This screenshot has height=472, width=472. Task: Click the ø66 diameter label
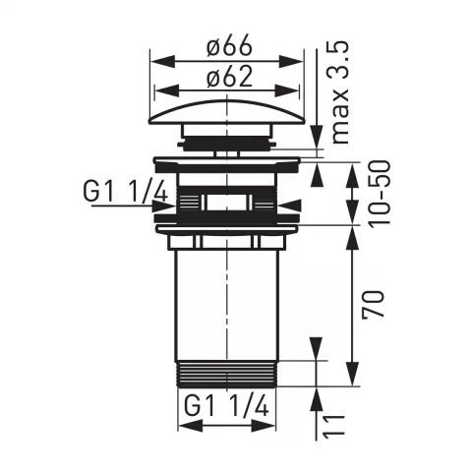(x=229, y=45)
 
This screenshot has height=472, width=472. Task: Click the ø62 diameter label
(x=230, y=77)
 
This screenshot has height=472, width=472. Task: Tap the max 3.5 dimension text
(x=336, y=92)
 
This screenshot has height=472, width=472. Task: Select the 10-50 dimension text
(x=380, y=193)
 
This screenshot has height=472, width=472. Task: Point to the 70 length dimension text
(x=373, y=304)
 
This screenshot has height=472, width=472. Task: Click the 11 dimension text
(x=334, y=425)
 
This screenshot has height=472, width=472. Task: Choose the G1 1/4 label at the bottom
(x=227, y=405)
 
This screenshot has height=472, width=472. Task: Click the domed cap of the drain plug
(x=227, y=112)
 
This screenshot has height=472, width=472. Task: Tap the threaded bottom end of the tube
(x=227, y=374)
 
